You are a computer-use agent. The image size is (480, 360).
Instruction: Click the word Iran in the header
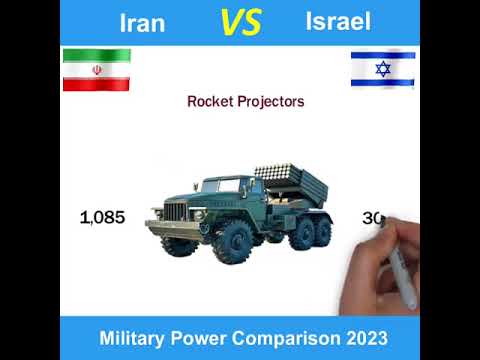tap(142, 23)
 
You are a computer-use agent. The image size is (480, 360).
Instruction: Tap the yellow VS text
tap(240, 22)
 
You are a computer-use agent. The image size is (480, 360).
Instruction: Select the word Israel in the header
tap(338, 22)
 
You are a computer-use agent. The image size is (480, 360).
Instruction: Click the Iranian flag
tap(96, 69)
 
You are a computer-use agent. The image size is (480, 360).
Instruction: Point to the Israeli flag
tap(382, 69)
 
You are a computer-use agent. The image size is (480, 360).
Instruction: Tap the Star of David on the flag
tap(382, 69)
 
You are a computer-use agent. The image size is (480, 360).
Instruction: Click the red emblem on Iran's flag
tap(96, 69)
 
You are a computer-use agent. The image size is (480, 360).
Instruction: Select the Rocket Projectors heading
tap(246, 101)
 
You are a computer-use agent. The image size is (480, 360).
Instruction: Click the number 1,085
tap(102, 217)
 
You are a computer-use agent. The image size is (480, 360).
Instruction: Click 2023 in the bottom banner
tap(363, 337)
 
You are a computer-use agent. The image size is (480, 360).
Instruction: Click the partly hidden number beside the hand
tap(373, 217)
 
